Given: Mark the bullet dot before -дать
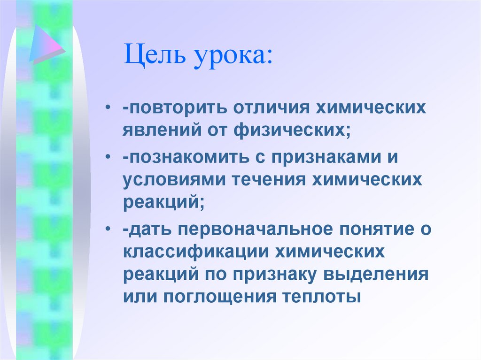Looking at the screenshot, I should tap(109, 229).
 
